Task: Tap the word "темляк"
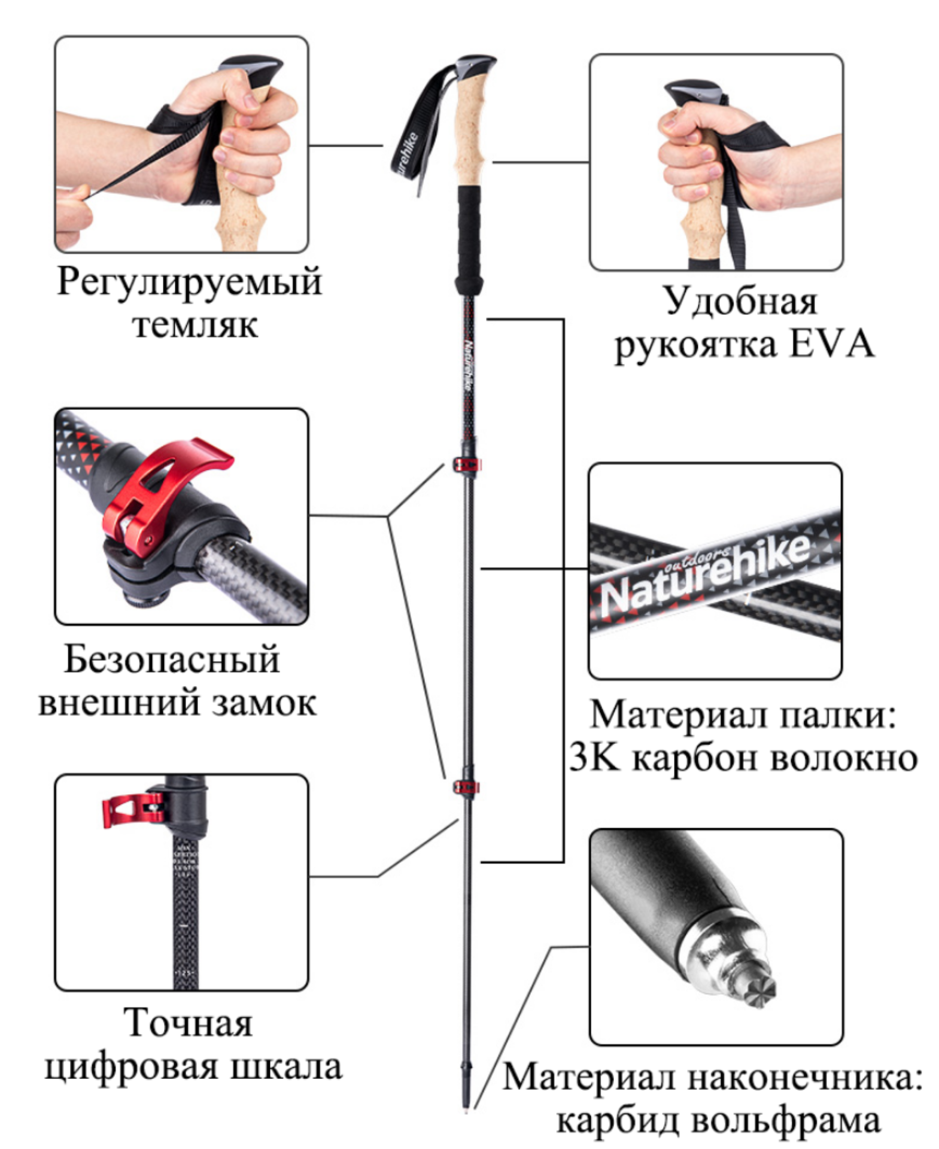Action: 195,326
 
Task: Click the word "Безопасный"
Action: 172,659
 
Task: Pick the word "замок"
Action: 265,704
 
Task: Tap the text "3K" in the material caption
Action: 593,758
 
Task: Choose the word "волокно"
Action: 844,759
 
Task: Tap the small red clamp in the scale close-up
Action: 133,810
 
